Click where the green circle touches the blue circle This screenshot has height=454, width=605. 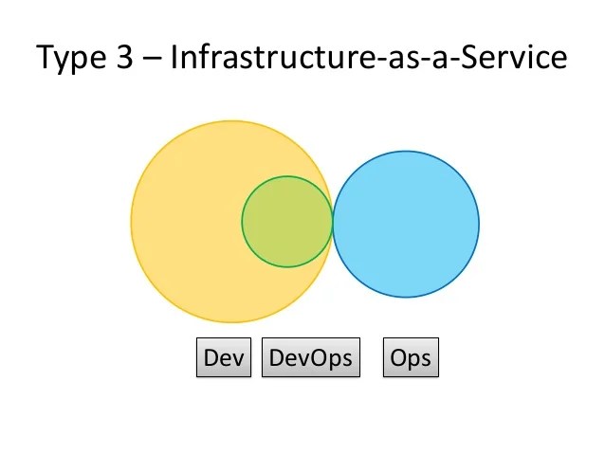click(332, 222)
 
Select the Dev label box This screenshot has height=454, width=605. click(225, 358)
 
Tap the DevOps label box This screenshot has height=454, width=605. click(311, 358)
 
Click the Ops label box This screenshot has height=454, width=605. click(411, 358)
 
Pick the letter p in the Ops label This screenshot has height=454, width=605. click(413, 360)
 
